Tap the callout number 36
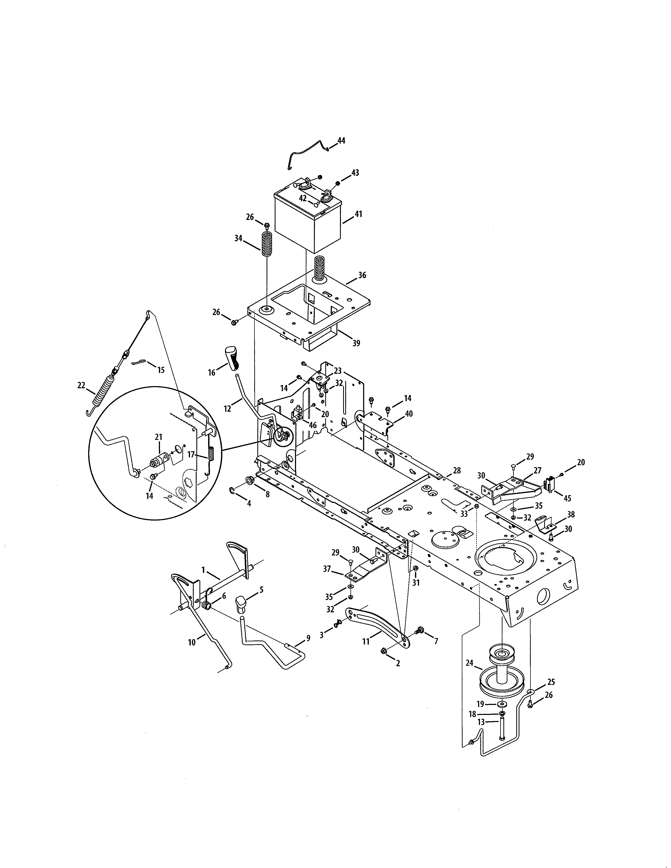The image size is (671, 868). pos(362,275)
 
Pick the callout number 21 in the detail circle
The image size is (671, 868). pos(159,437)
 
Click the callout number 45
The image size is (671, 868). pos(567,498)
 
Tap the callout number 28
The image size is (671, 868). pos(457,470)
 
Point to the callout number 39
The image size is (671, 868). pos(356,343)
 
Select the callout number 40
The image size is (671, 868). pos(409,414)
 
